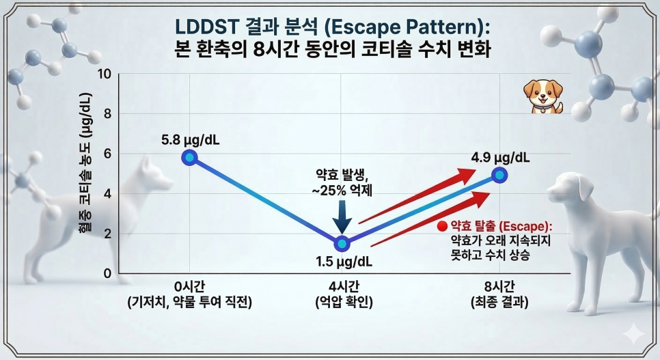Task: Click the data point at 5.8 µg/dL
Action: (x=190, y=158)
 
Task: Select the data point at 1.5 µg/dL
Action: (x=342, y=243)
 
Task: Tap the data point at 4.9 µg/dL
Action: (x=499, y=175)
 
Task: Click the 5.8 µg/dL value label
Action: (x=191, y=140)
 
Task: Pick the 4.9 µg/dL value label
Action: (x=500, y=157)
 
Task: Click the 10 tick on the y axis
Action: (x=104, y=74)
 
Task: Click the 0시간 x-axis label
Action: (x=189, y=286)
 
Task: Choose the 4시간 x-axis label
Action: (x=342, y=286)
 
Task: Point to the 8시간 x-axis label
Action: (x=499, y=286)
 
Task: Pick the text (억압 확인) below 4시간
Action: (x=342, y=301)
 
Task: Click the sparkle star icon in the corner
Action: (x=635, y=333)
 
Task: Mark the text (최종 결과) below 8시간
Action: (x=499, y=301)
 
